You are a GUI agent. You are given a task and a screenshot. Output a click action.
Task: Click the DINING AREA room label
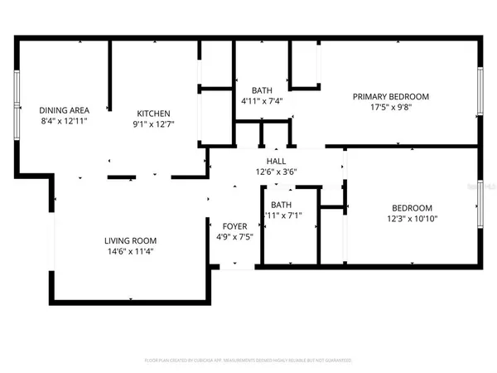[63, 109]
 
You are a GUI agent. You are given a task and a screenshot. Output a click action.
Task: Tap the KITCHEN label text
[153, 114]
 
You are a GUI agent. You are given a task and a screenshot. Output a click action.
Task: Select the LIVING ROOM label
[131, 241]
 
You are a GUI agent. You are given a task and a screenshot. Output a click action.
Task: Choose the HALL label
[276, 162]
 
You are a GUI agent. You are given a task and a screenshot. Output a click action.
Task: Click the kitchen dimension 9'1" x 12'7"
[153, 124]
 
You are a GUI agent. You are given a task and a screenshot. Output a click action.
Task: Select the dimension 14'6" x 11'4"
[131, 253]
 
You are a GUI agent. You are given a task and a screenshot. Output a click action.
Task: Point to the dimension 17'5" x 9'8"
[388, 109]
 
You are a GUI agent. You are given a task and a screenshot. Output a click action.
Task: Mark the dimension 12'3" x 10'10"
[412, 219]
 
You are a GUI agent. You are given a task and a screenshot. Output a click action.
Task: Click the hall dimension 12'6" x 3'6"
[276, 172]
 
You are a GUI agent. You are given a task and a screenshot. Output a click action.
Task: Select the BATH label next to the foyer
[281, 205]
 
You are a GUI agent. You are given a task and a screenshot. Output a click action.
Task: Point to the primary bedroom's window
[480, 98]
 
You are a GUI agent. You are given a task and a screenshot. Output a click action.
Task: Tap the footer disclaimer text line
[248, 361]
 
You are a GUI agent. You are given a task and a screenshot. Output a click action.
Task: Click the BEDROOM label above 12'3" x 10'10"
[412, 207]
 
